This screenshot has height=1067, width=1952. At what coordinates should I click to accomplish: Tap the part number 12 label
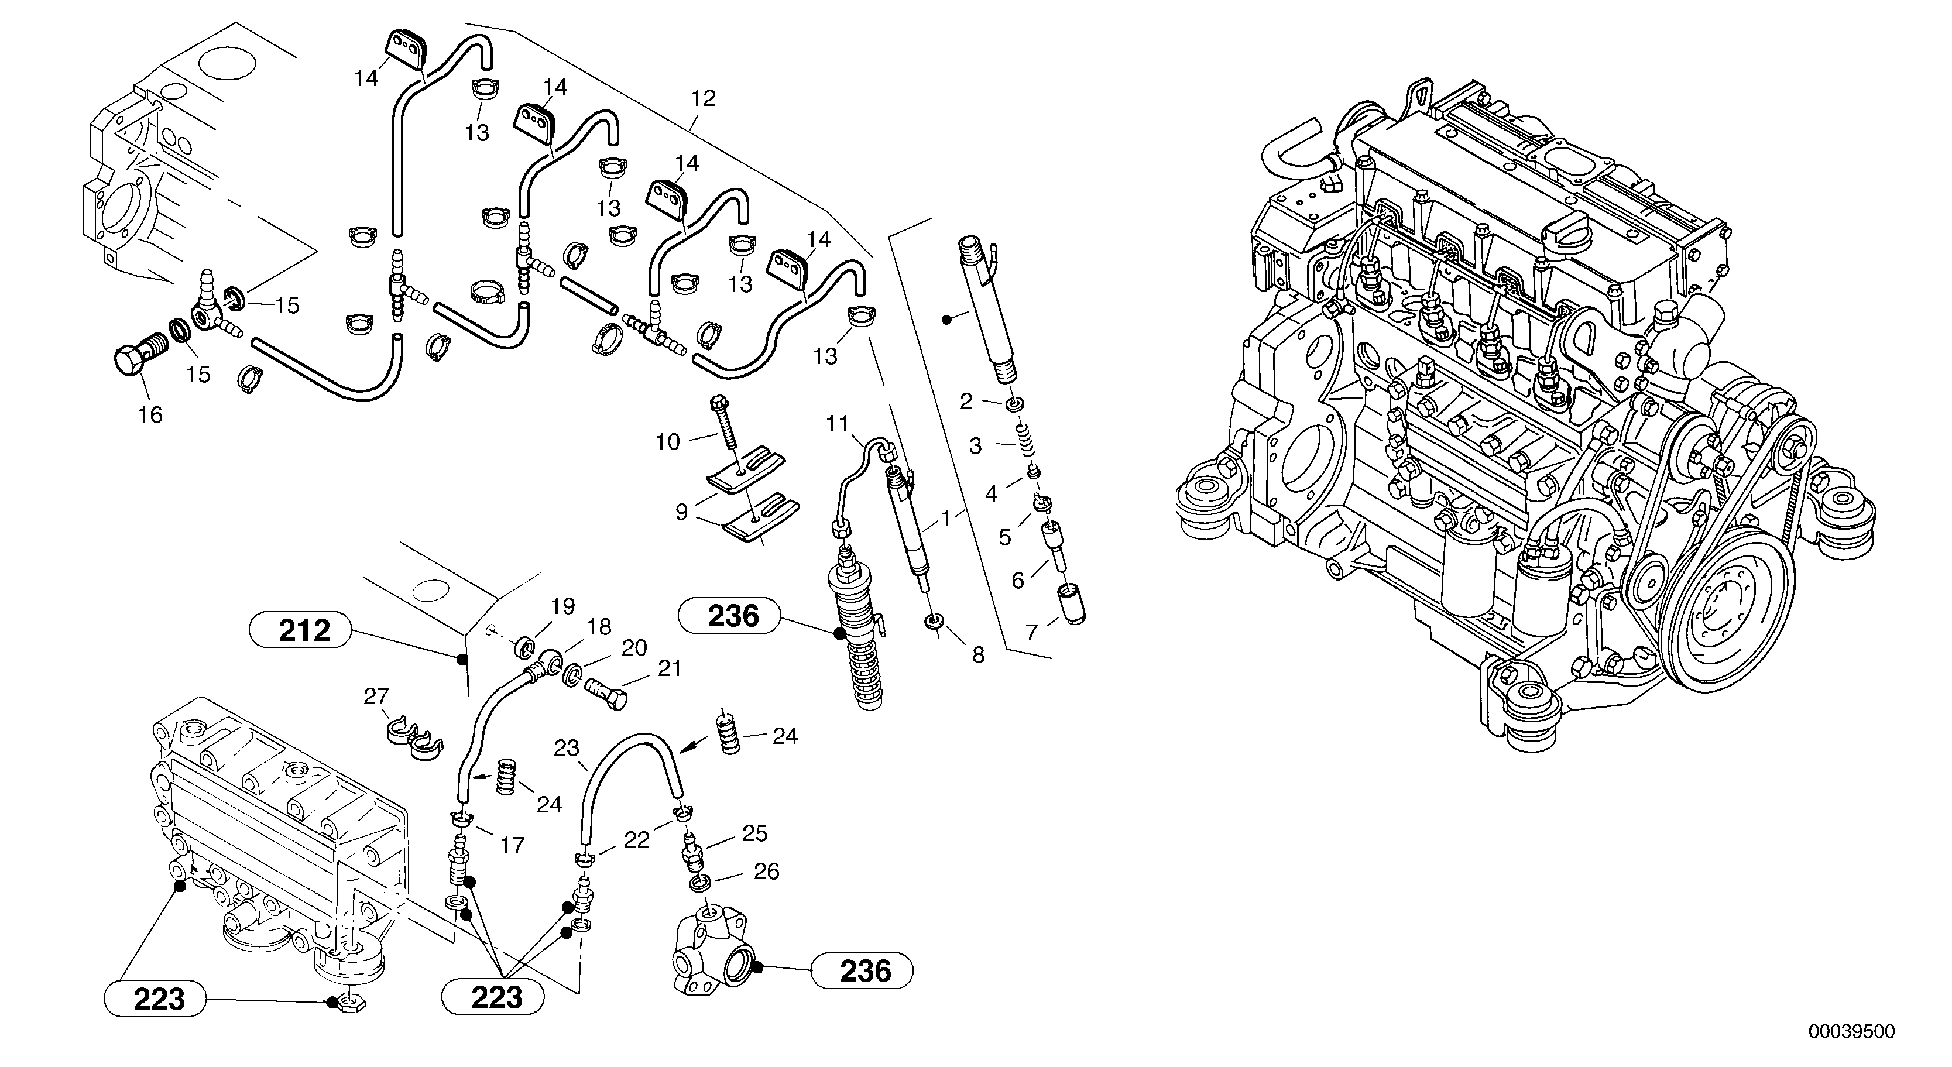point(703,98)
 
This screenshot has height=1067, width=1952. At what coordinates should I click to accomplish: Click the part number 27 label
point(376,697)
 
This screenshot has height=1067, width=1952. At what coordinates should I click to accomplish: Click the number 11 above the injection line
point(838,424)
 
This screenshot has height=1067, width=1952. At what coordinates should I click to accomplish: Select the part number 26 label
point(766,872)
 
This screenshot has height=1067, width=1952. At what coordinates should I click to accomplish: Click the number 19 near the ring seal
point(563,606)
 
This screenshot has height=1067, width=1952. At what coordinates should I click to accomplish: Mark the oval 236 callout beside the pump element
point(733,616)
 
